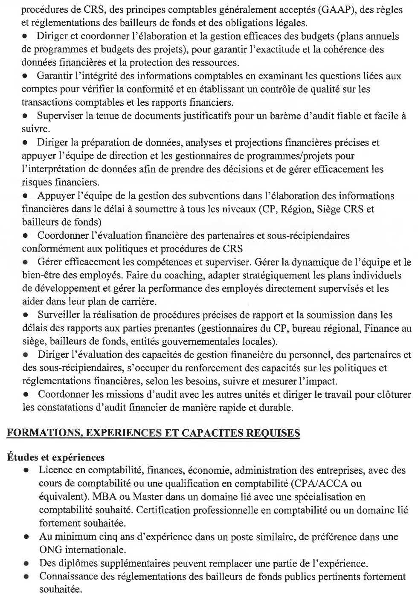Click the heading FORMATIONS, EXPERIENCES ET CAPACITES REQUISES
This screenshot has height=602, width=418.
[x=153, y=433]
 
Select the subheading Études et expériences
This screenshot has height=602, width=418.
[x=55, y=457]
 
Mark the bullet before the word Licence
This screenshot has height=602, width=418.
[x=26, y=471]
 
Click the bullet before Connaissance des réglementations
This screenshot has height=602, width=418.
[x=26, y=577]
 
